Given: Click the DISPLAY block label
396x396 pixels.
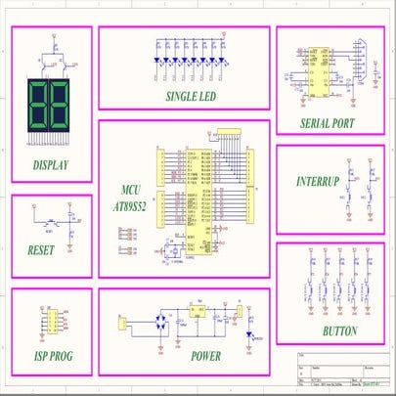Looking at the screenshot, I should point(51,164).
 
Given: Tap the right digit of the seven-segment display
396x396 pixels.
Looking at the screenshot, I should point(62,106).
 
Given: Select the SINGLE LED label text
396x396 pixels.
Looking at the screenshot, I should point(191,97).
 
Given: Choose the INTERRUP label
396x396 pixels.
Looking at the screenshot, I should point(317,182).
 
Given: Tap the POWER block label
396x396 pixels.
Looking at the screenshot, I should point(206,356).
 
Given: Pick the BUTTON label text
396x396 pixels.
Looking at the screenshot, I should point(339,330).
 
